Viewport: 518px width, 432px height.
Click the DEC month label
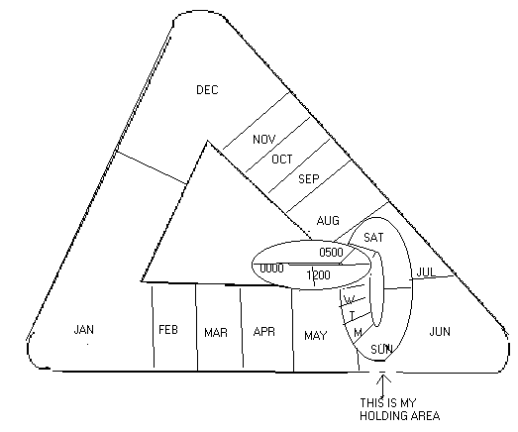[207, 90]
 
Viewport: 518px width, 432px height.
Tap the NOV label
[264, 139]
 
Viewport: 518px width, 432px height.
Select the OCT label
[282, 160]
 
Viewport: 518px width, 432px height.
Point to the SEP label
[309, 178]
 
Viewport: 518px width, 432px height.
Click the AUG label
[328, 221]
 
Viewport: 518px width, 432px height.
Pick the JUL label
[426, 272]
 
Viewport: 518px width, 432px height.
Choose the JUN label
[440, 331]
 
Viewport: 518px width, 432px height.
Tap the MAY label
[316, 336]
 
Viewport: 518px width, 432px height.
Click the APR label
[264, 332]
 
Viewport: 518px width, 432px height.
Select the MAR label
[216, 333]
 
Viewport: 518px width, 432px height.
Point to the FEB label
[168, 330]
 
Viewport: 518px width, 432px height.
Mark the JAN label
[83, 330]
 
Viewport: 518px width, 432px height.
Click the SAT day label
[373, 238]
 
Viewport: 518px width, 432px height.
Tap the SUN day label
[381, 349]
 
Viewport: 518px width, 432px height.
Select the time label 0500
[331, 253]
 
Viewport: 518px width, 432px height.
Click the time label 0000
[271, 269]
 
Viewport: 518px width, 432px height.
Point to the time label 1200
[318, 274]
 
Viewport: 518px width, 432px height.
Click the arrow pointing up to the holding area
[382, 385]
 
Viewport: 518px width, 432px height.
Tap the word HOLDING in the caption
[383, 415]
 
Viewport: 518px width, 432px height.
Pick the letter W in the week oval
[350, 300]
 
